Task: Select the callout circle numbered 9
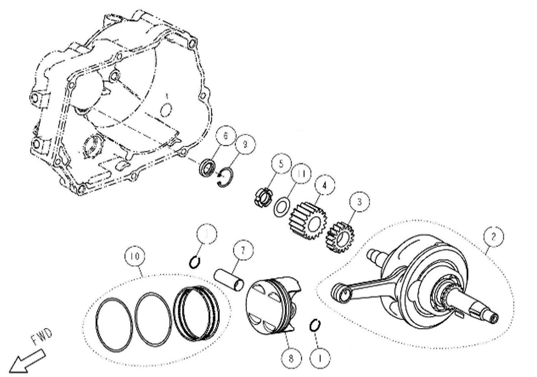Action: [245, 144]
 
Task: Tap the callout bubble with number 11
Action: [301, 174]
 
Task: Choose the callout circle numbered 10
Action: [135, 256]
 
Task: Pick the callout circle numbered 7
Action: [243, 250]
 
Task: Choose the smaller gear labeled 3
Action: [340, 237]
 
